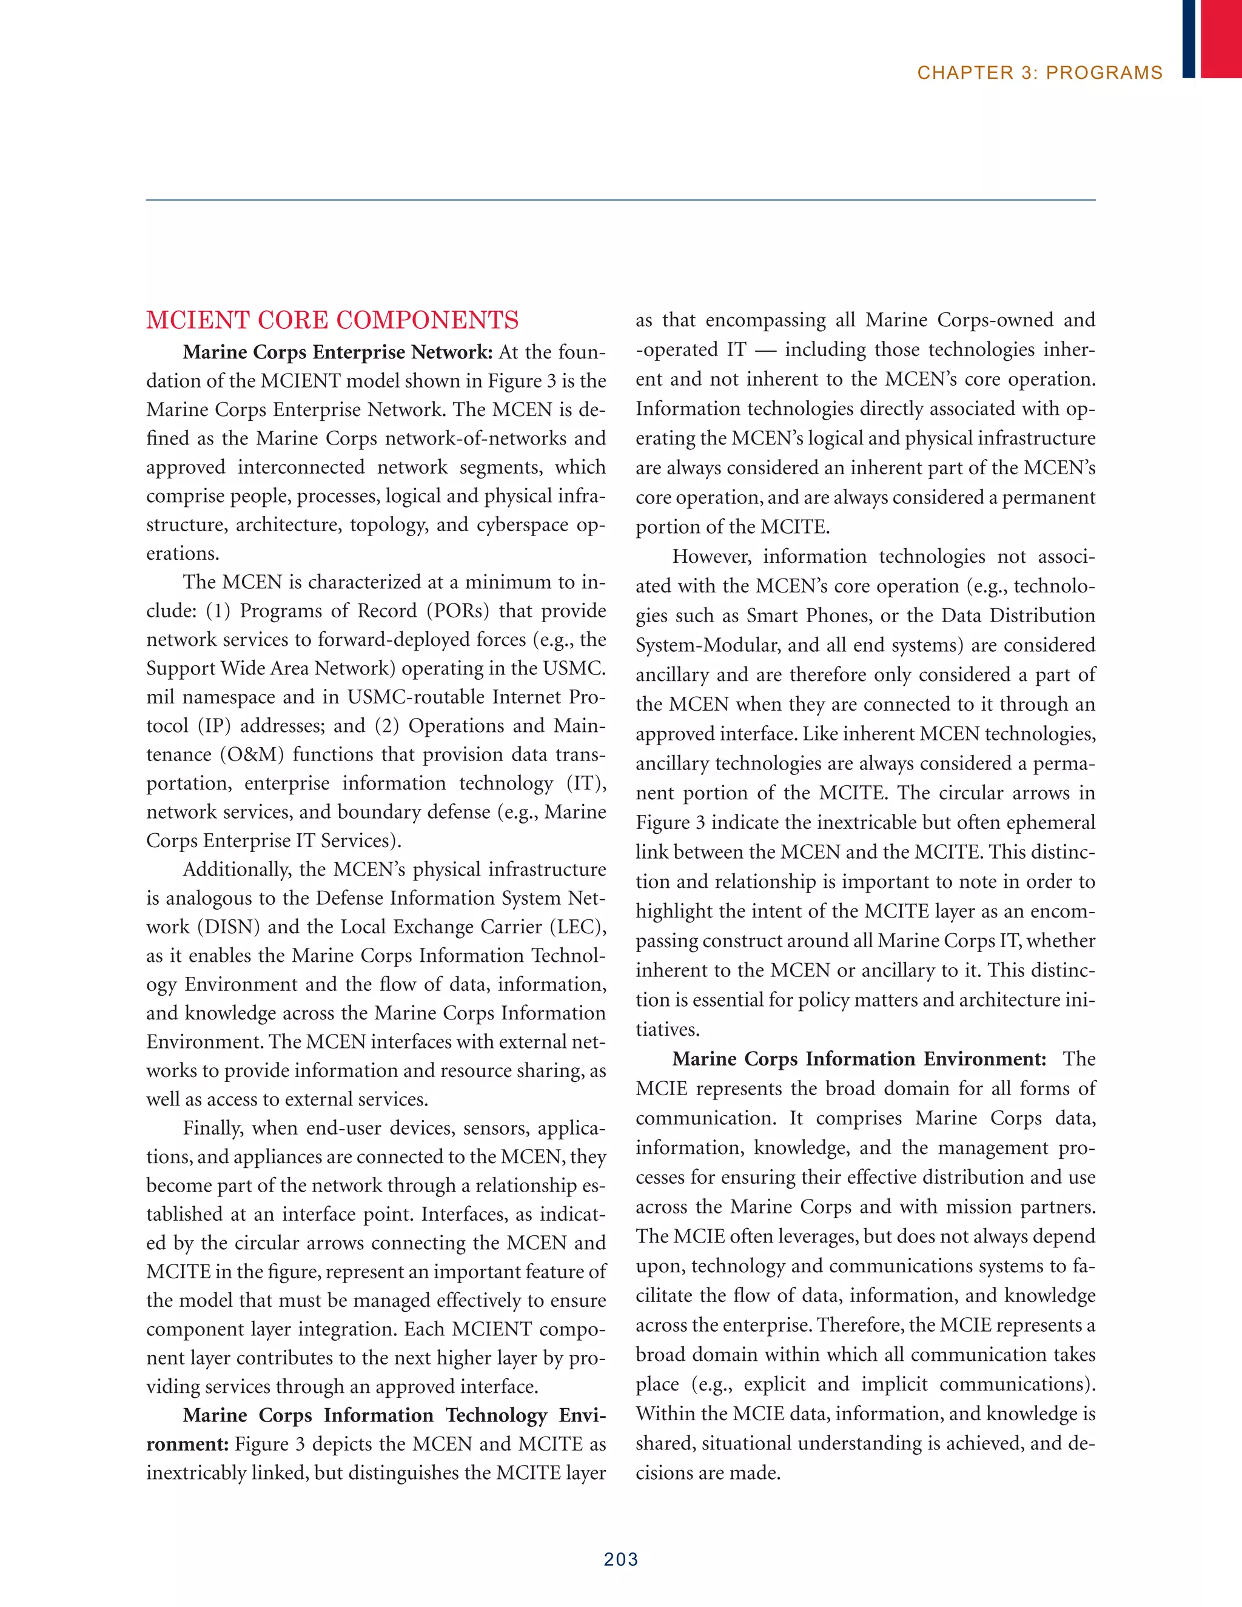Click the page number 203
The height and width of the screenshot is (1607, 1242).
point(620,1558)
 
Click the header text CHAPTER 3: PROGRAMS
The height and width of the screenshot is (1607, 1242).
point(1039,73)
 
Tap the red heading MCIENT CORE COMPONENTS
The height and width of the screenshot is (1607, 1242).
point(332,320)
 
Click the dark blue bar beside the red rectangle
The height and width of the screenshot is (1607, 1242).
point(1188,38)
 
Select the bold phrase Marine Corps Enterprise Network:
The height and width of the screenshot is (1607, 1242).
point(338,352)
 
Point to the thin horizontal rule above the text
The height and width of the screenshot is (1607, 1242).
point(620,200)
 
